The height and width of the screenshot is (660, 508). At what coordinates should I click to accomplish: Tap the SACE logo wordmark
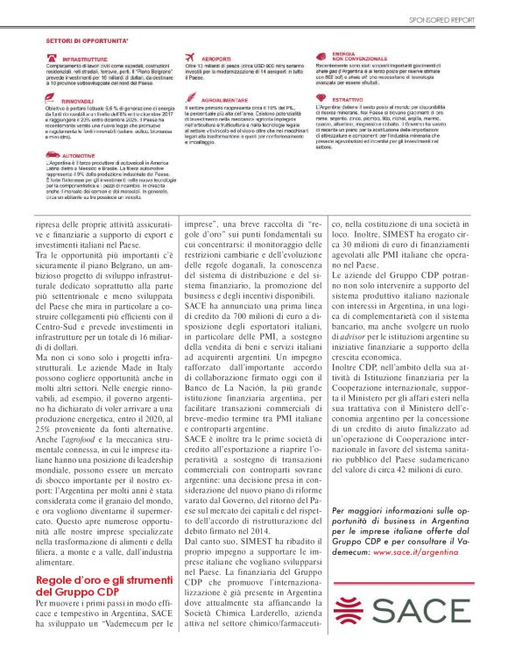click(427, 612)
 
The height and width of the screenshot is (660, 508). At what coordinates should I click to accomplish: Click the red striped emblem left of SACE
click(352, 612)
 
